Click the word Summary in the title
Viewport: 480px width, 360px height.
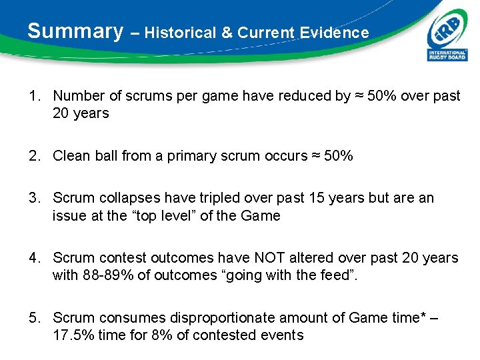coord(75,31)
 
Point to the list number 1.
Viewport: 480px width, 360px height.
coord(33,96)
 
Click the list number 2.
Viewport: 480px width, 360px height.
coord(33,156)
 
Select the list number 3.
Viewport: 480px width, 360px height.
coord(33,198)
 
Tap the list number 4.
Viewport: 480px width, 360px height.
coord(33,257)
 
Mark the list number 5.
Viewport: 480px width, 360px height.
coord(33,317)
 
